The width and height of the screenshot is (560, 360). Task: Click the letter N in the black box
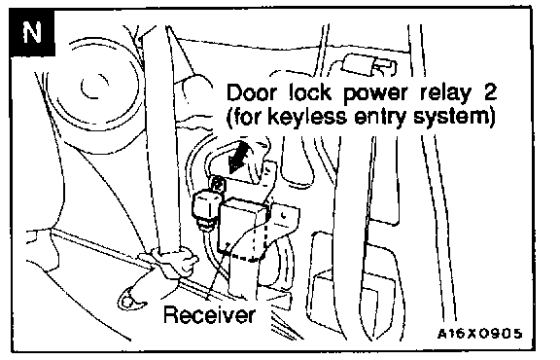tap(32, 32)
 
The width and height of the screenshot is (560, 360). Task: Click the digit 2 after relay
tap(489, 92)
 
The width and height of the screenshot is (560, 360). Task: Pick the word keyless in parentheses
tap(307, 117)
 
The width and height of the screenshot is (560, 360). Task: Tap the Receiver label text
tap(210, 314)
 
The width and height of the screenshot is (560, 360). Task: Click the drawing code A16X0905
tap(479, 333)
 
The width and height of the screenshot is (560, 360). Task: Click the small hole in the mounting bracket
tap(283, 215)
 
